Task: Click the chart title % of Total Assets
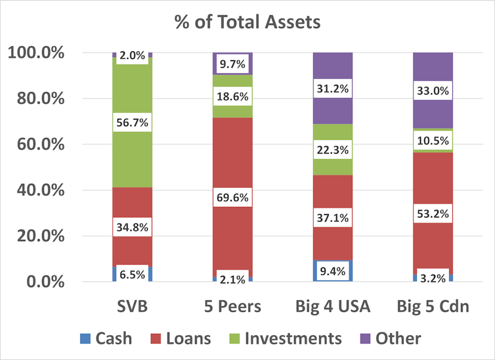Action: pyautogui.click(x=247, y=22)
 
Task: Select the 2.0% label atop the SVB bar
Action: pyautogui.click(x=132, y=56)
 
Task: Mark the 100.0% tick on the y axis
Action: pyautogui.click(x=36, y=53)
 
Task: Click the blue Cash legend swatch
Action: pyautogui.click(x=85, y=339)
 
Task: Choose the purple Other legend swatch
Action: pyautogui.click(x=368, y=339)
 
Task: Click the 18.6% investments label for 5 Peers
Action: pyautogui.click(x=232, y=96)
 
